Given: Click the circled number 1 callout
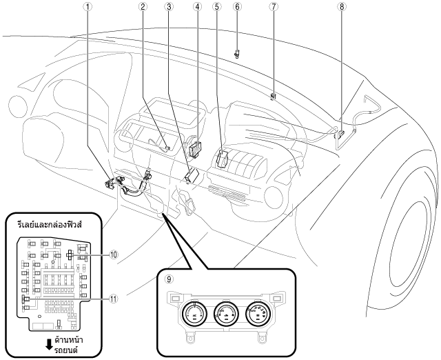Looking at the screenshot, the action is [88, 7].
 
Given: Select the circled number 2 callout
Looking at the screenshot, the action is [143, 7].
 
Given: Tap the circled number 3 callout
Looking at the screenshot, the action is [169, 7].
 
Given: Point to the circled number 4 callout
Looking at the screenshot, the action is [197, 7].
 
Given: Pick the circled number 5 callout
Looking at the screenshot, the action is [216, 7].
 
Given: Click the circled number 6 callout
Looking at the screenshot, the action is [237, 7].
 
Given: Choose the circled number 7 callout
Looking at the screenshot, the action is [273, 7].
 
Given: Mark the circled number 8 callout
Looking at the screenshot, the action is [342, 7].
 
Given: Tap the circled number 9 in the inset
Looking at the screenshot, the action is [169, 279].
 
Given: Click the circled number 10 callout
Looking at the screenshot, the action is [113, 254].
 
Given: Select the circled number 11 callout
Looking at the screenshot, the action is [113, 299].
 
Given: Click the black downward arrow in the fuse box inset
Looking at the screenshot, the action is [49, 344].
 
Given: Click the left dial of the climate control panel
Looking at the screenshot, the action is [194, 314].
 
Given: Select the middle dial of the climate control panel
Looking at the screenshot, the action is [226, 314].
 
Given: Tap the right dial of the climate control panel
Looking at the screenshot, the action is [258, 314].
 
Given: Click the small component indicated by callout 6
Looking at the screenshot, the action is [237, 54].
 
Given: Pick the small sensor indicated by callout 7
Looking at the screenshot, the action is [273, 97].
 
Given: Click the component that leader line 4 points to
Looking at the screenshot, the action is [196, 148].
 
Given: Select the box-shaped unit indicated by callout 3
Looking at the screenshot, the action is [192, 176].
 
